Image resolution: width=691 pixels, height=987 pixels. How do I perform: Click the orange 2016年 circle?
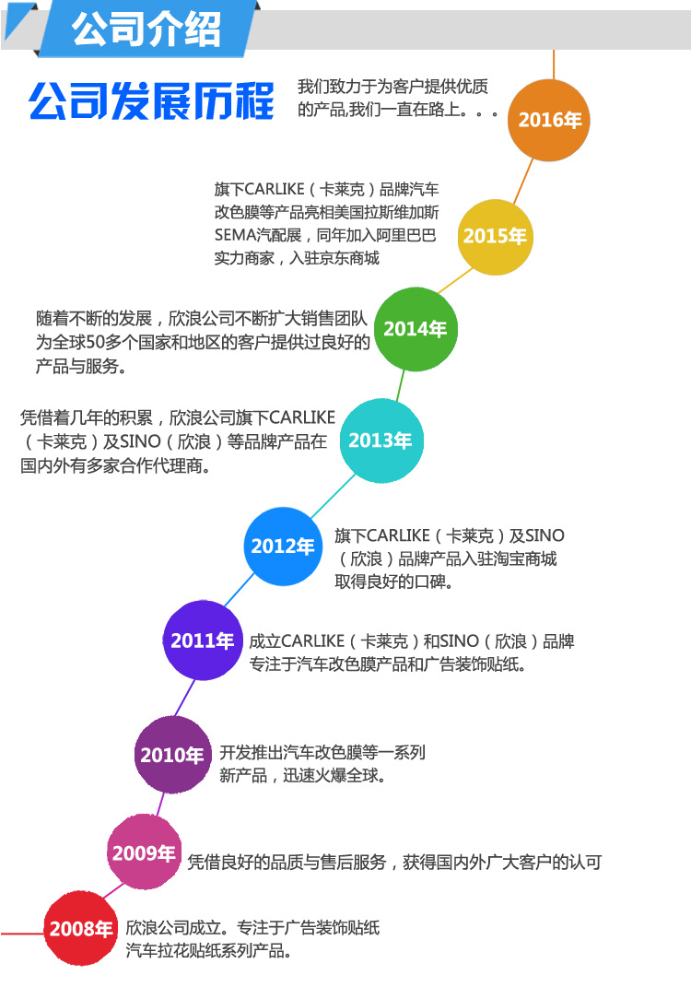tap(549, 120)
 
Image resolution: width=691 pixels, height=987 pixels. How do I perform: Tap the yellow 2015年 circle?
tap(495, 236)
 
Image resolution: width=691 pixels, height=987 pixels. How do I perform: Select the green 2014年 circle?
tap(416, 329)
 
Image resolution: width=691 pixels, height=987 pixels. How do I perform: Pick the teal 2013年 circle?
tap(381, 441)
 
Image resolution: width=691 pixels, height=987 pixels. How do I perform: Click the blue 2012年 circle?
tap(283, 546)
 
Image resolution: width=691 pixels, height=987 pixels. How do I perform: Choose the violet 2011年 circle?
tap(202, 640)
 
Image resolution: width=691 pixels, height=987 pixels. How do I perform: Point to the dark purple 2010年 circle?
tap(171, 756)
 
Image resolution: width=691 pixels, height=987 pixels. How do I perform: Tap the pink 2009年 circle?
tap(144, 853)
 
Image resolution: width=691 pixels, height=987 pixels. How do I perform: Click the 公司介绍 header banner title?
tap(147, 29)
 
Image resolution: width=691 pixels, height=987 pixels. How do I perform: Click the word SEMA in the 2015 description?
tap(233, 235)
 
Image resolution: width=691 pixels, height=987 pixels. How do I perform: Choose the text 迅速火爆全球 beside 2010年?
tap(335, 776)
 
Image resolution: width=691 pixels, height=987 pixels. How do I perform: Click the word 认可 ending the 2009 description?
tap(584, 863)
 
